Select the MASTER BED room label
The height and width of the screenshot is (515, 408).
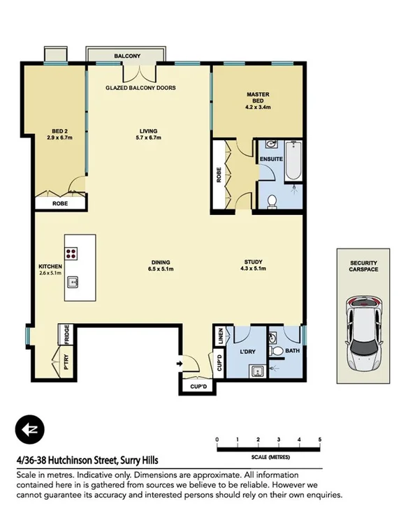pyautogui.click(x=258, y=98)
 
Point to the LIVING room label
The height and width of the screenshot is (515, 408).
pyautogui.click(x=147, y=130)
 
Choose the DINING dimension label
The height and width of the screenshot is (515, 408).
pyautogui.click(x=160, y=269)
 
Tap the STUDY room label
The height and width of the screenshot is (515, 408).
pyautogui.click(x=253, y=261)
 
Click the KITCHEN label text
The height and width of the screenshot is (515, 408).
pyautogui.click(x=50, y=267)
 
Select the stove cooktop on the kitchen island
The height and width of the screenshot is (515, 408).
pyautogui.click(x=72, y=254)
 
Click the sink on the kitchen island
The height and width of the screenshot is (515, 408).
pyautogui.click(x=72, y=283)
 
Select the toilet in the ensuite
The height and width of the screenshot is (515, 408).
pyautogui.click(x=273, y=201)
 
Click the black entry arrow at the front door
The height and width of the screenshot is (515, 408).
pyautogui.click(x=180, y=364)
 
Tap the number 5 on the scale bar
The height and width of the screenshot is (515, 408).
pyautogui.click(x=319, y=440)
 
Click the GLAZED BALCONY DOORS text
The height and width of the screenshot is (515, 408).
pyautogui.click(x=140, y=88)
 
